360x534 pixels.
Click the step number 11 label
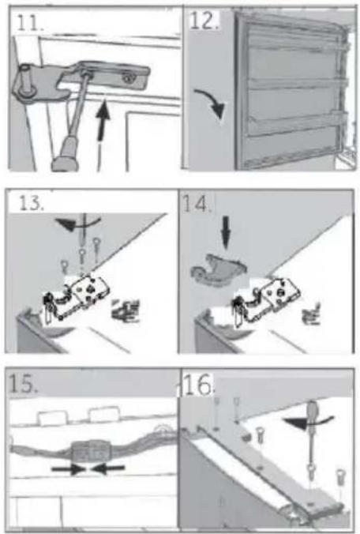pyautogui.click(x=30, y=23)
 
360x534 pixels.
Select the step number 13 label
pyautogui.click(x=31, y=203)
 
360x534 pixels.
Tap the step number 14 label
pyautogui.click(x=197, y=204)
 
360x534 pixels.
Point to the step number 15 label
pyautogui.click(x=22, y=384)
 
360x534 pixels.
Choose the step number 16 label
pyautogui.click(x=198, y=385)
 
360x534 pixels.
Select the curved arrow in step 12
pyautogui.click(x=212, y=101)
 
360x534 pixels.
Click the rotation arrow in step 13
pyautogui.click(x=77, y=224)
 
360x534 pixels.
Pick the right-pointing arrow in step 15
pyautogui.click(x=69, y=469)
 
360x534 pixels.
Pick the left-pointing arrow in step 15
pyautogui.click(x=108, y=469)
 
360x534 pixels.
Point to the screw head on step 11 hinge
pyautogui.click(x=128, y=79)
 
